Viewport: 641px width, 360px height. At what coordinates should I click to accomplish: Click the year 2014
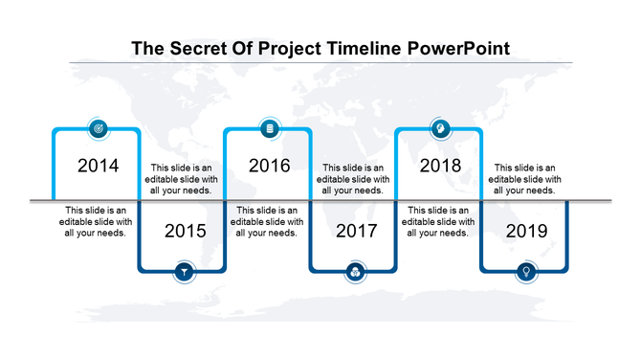(98, 166)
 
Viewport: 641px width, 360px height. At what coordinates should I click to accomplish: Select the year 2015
(184, 231)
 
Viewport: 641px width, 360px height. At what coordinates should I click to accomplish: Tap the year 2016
(269, 166)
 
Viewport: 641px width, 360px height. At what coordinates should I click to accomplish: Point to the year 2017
(355, 231)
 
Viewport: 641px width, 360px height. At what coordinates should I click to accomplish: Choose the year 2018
(441, 166)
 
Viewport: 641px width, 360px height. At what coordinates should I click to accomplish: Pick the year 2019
(526, 231)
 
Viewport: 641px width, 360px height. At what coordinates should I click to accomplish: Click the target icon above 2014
(98, 128)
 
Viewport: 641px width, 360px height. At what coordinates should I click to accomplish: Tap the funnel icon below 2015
(184, 273)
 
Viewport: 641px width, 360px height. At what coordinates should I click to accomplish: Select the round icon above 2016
(269, 128)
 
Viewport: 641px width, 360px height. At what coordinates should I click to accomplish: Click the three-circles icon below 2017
(355, 273)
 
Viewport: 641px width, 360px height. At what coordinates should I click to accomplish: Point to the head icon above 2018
(441, 128)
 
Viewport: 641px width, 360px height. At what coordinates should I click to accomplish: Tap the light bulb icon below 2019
(526, 273)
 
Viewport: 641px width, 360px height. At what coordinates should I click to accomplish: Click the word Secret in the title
(198, 48)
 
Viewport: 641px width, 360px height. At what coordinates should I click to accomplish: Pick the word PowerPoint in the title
(458, 48)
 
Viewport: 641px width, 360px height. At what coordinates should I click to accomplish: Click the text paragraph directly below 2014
(96, 220)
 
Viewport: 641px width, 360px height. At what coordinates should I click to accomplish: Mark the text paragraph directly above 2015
(182, 179)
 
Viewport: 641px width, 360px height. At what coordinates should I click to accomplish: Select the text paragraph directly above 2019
(524, 179)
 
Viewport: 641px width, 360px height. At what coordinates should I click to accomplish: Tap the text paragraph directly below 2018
(439, 220)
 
